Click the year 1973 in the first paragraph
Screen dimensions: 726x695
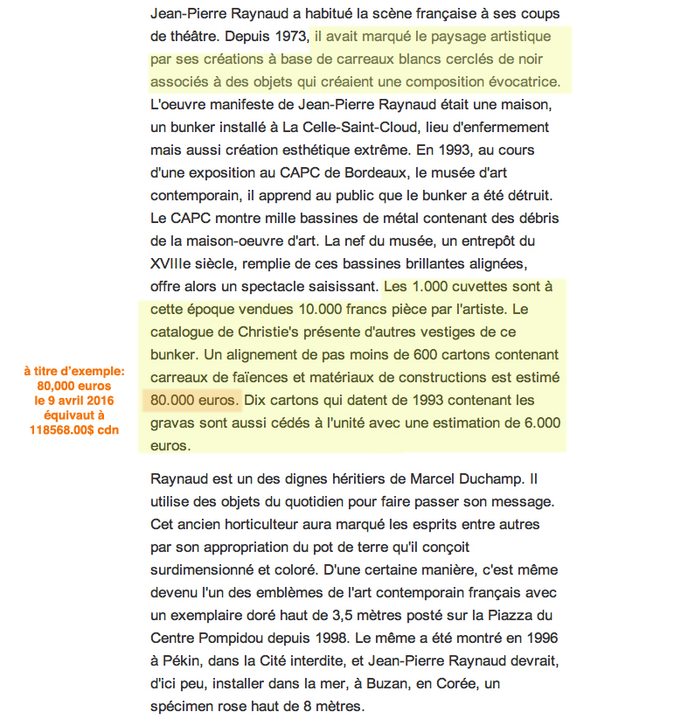(x=288, y=38)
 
